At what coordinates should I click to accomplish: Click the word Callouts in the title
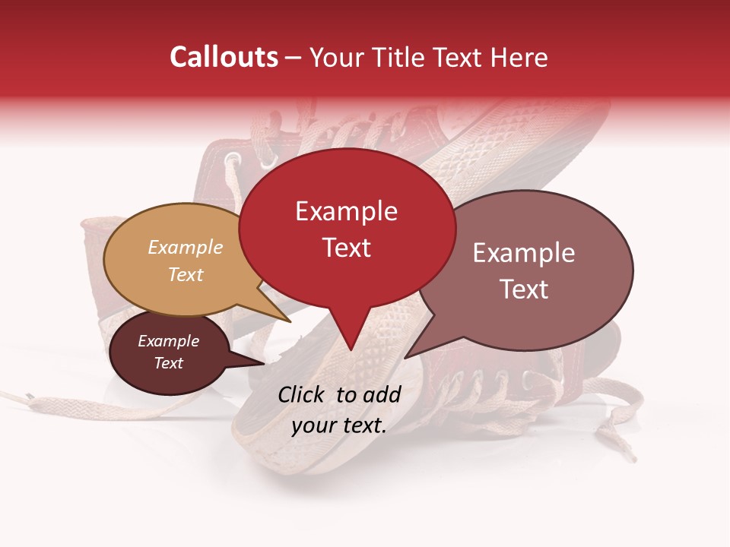point(224,57)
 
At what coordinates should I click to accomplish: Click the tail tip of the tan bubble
point(290,321)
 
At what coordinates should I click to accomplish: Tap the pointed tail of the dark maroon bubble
point(264,362)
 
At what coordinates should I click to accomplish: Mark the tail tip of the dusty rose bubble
point(405,357)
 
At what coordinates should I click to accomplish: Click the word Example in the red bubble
point(346,211)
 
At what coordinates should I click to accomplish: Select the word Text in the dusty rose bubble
point(524,289)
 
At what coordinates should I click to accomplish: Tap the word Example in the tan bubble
point(186,247)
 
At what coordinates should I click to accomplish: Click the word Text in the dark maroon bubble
point(169,363)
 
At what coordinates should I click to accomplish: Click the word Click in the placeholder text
point(303,394)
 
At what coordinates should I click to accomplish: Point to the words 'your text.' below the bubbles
point(339,425)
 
